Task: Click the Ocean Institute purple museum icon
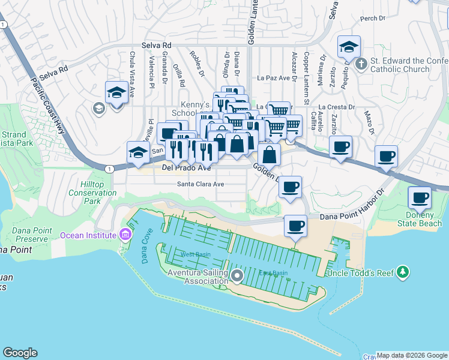pyautogui.click(x=125, y=233)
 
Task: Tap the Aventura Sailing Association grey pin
pyautogui.click(x=237, y=277)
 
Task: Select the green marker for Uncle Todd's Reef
pyautogui.click(x=403, y=273)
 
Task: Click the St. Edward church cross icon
pyautogui.click(x=361, y=64)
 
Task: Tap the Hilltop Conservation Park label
pyautogui.click(x=92, y=193)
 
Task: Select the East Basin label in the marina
pyautogui.click(x=273, y=274)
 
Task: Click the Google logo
pyautogui.click(x=20, y=353)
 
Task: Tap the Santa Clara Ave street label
pyautogui.click(x=200, y=184)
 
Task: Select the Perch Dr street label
pyautogui.click(x=372, y=19)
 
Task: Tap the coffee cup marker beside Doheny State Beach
pyautogui.click(x=419, y=197)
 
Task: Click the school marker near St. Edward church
pyautogui.click(x=348, y=47)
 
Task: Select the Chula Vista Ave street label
pyautogui.click(x=133, y=69)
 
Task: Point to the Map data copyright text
pyautogui.click(x=412, y=355)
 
